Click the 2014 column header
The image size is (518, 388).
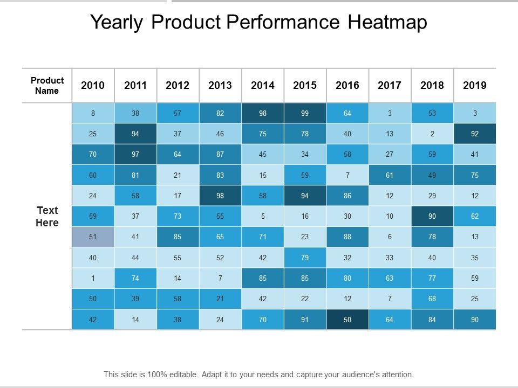tap(263, 85)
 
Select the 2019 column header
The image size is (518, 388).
tap(475, 85)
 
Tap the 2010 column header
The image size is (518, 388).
tap(93, 85)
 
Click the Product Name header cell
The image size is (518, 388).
tap(47, 85)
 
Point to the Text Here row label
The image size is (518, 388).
tap(47, 216)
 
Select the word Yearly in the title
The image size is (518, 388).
tap(118, 22)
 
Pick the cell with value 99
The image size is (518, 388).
tap(305, 113)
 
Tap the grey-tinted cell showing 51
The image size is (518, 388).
tap(93, 237)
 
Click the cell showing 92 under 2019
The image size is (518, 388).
tap(475, 134)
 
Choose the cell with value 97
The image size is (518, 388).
tap(135, 155)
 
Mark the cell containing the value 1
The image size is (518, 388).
tap(93, 279)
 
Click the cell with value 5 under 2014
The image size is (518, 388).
tap(263, 217)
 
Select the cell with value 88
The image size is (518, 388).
tap(347, 237)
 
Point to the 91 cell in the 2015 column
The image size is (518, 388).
tap(305, 320)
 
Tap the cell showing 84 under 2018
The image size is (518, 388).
tap(432, 320)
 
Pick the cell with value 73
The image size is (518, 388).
tap(178, 217)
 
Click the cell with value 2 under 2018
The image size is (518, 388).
tap(432, 134)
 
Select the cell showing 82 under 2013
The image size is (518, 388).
tap(220, 113)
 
